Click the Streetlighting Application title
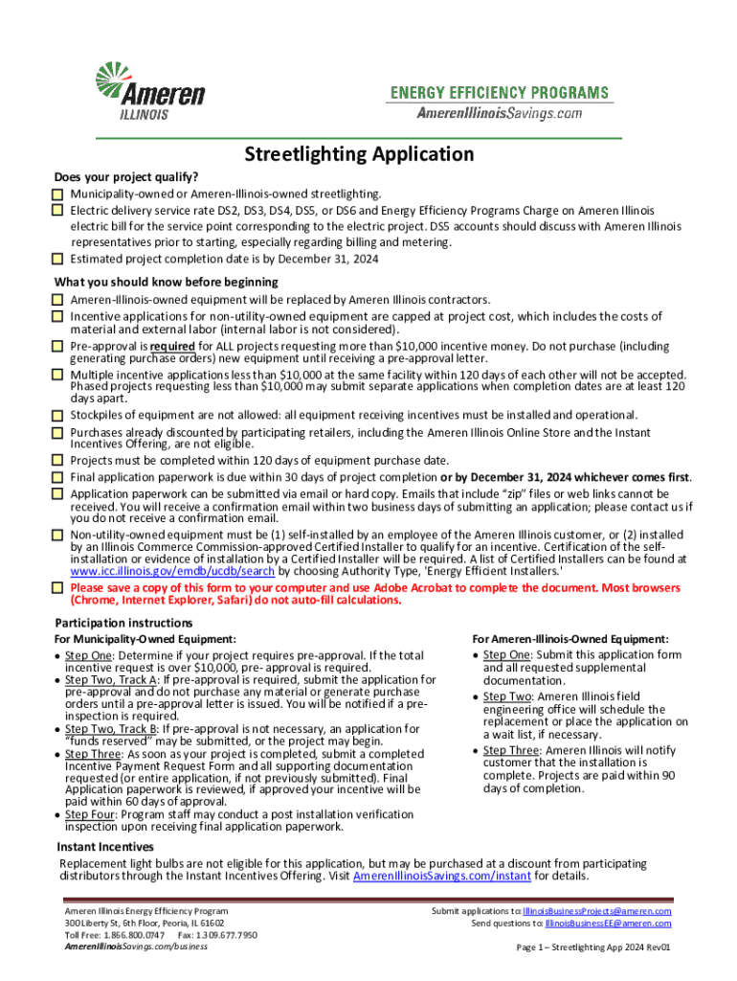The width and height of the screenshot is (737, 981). [x=359, y=154]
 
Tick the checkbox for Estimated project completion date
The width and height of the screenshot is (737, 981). [x=57, y=259]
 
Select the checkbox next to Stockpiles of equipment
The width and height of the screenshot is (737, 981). [x=57, y=415]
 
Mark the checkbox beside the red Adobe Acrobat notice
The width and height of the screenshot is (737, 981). [x=57, y=587]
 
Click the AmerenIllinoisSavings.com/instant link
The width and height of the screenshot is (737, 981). [x=441, y=877]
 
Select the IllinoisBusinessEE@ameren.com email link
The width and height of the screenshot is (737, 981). [x=608, y=924]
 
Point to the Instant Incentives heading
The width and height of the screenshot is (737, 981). [x=104, y=847]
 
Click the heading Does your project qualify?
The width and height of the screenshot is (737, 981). [x=125, y=177]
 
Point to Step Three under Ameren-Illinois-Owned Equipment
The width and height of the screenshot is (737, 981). [x=511, y=750]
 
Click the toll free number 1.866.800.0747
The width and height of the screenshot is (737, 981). [x=136, y=934]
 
